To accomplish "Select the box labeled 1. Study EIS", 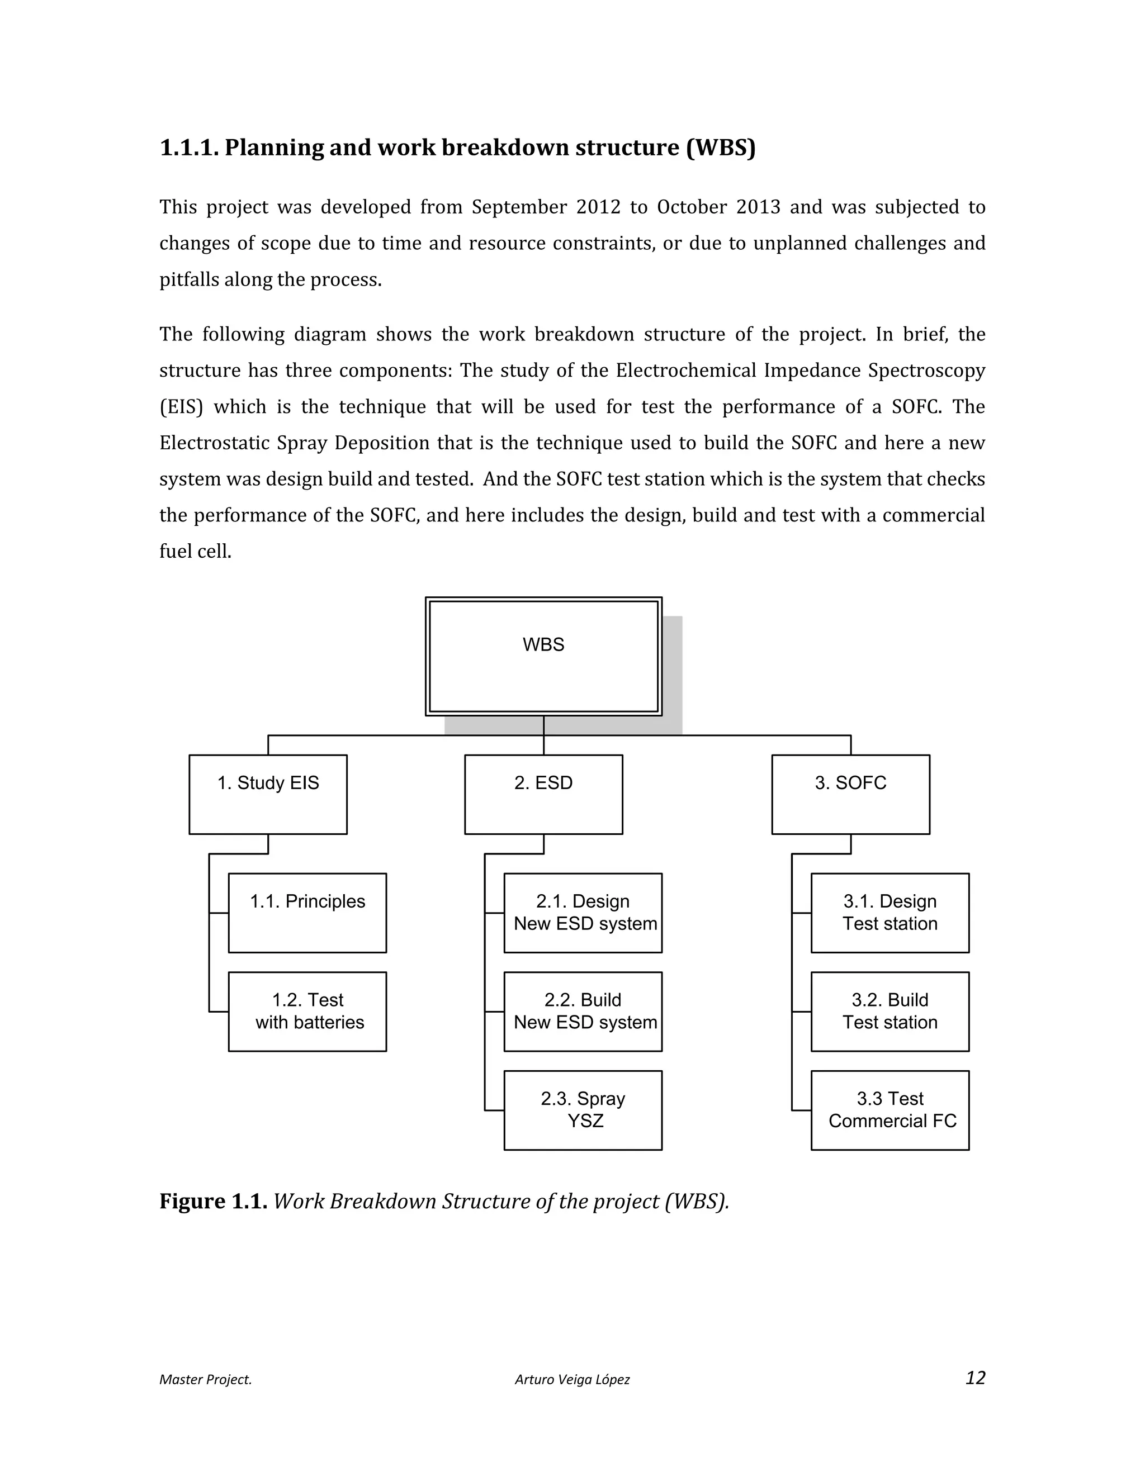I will (268, 794).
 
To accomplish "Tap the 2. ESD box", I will (543, 794).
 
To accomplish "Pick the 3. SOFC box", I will (850, 794).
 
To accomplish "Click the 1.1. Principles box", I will (307, 913).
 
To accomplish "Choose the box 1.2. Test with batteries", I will (307, 1011).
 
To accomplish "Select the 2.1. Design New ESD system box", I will (583, 913).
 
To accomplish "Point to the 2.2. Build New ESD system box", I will (583, 1011).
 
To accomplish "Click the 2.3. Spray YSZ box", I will (583, 1110).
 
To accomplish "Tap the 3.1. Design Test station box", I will (890, 913).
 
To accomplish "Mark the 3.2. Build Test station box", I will (890, 1011).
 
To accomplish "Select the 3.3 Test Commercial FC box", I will (890, 1110).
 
